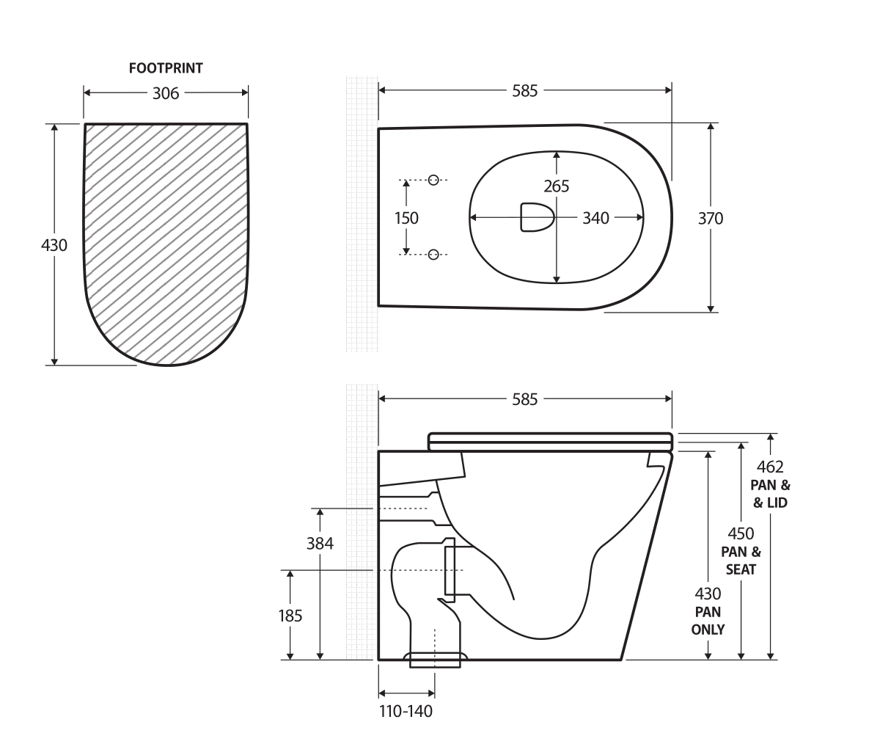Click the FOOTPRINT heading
(x=166, y=68)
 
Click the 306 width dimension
(x=166, y=93)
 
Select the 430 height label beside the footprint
(x=54, y=245)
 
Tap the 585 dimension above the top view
(x=524, y=91)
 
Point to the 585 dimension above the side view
(x=524, y=399)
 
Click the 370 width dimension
(x=710, y=218)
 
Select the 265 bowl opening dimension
(x=557, y=186)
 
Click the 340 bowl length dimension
(x=595, y=218)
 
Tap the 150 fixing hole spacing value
(x=406, y=218)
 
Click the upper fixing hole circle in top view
(x=433, y=180)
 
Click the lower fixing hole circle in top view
(x=433, y=255)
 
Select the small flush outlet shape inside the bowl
(x=536, y=217)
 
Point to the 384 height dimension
(x=320, y=544)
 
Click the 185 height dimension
(x=290, y=616)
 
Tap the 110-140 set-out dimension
(x=406, y=711)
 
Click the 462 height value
(x=770, y=467)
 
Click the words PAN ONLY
(x=708, y=621)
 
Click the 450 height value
(x=741, y=533)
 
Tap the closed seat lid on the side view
(x=550, y=441)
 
